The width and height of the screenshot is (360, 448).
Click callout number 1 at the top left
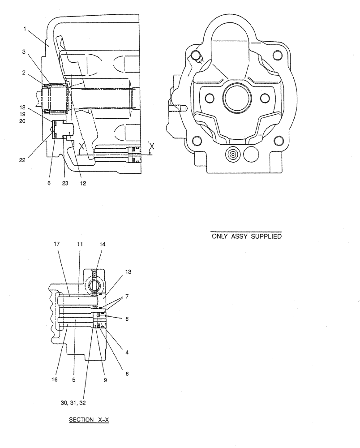(x=25, y=29)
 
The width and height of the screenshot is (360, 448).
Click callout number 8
(x=128, y=319)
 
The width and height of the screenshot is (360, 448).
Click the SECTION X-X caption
(x=89, y=420)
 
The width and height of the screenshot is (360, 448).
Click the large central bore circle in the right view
(x=236, y=96)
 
